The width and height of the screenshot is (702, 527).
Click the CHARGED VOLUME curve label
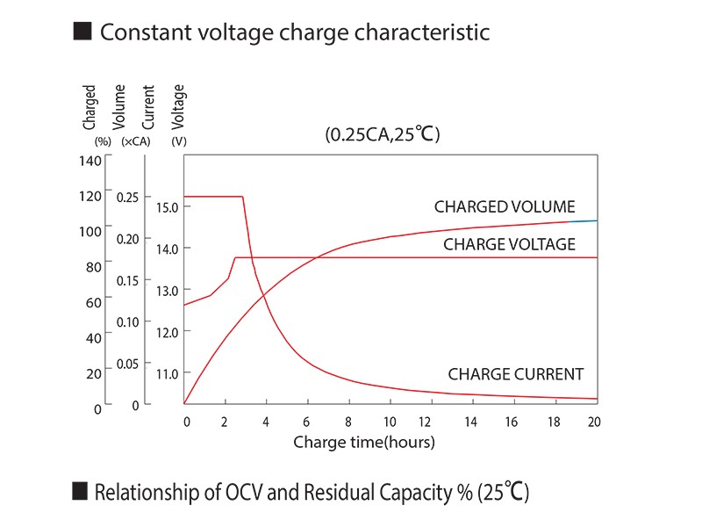[505, 207]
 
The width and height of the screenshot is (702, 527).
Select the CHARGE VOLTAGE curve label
[509, 244]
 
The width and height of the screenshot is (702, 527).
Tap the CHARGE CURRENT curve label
[515, 374]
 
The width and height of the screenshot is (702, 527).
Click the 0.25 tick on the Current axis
[127, 197]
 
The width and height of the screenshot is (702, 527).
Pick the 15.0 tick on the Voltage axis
[168, 207]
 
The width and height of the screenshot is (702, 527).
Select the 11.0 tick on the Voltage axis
[168, 373]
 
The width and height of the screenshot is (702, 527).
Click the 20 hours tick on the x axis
[594, 422]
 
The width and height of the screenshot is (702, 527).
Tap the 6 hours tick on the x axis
[307, 422]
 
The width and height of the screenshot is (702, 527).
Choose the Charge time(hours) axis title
[363, 442]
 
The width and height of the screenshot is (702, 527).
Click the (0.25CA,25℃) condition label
[382, 135]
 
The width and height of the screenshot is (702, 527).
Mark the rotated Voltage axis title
[179, 105]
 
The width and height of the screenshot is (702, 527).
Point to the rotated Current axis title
[148, 105]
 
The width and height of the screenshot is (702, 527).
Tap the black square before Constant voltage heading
[82, 32]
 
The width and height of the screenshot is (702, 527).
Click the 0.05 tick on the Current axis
[127, 364]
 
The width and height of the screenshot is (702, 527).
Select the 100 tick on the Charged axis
[90, 231]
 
